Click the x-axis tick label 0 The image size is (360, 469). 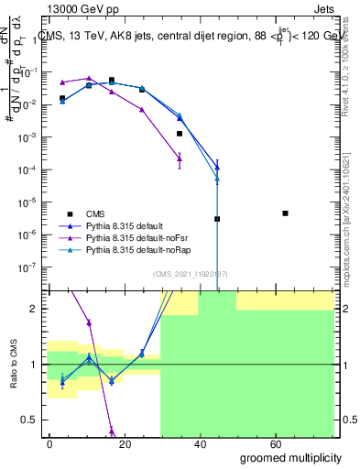pos(49,443)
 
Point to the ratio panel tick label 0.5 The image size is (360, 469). pos(28,420)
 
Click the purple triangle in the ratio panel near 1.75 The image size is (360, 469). pos(89,322)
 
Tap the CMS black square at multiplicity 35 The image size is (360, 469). pos(180,134)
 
